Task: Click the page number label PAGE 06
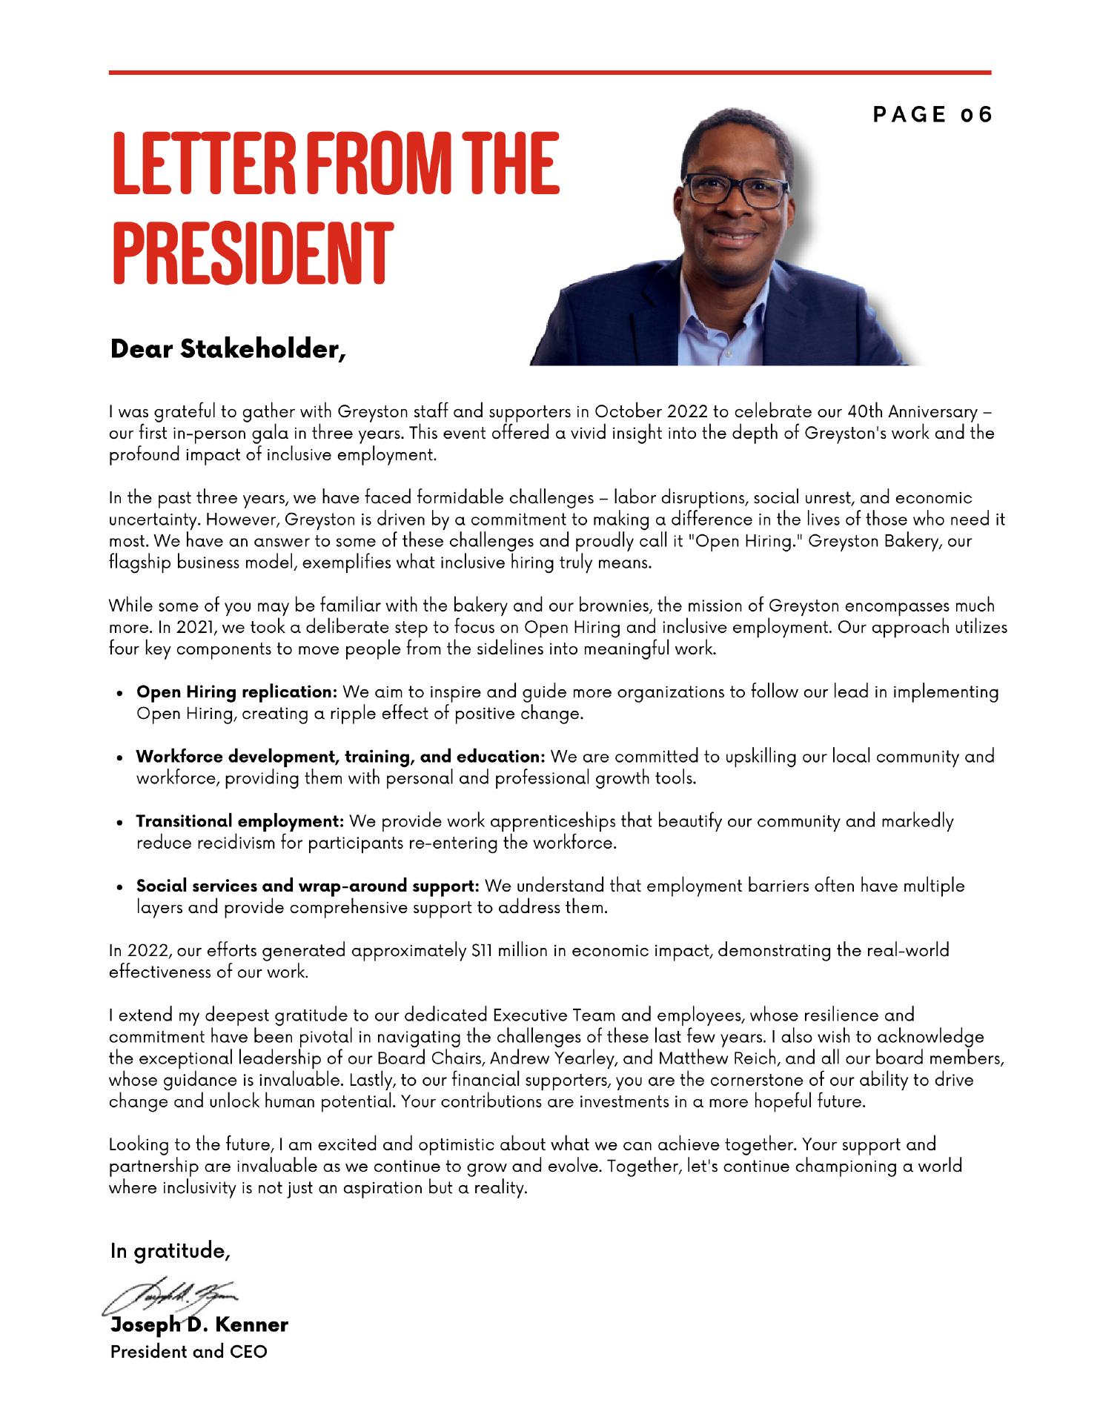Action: pos(932,115)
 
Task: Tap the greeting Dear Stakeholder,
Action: pos(228,348)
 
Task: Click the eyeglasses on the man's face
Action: pos(735,190)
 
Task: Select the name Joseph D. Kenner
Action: pos(199,1324)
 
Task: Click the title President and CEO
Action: pos(188,1351)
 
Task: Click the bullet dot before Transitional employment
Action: pos(120,823)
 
